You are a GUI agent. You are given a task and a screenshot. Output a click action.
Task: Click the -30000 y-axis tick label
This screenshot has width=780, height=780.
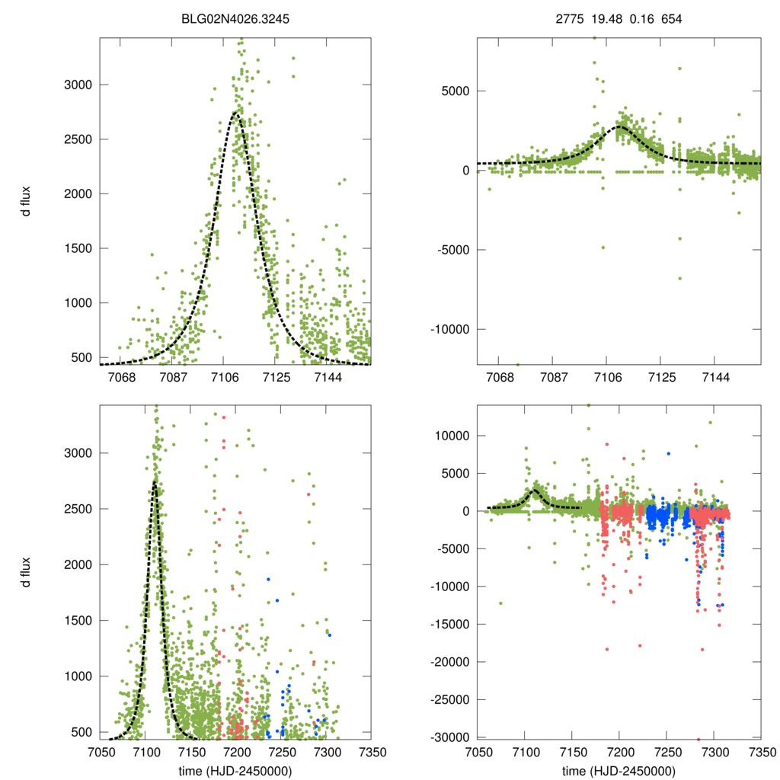coord(448,737)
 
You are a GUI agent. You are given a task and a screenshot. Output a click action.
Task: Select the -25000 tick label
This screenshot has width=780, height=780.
coord(448,700)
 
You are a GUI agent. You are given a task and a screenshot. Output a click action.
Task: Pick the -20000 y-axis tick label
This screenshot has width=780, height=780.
coord(448,662)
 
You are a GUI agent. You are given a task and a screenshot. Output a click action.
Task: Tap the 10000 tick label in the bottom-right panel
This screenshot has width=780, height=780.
coord(451,436)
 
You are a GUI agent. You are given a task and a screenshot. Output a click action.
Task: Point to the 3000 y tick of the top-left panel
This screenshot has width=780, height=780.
coord(75,85)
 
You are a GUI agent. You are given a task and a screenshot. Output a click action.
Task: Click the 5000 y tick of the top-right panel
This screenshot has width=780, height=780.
coord(454,91)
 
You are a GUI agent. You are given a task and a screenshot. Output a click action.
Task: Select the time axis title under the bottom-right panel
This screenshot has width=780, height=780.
coord(618,771)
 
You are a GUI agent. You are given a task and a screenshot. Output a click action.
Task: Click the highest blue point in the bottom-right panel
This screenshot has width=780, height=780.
coord(668,453)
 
